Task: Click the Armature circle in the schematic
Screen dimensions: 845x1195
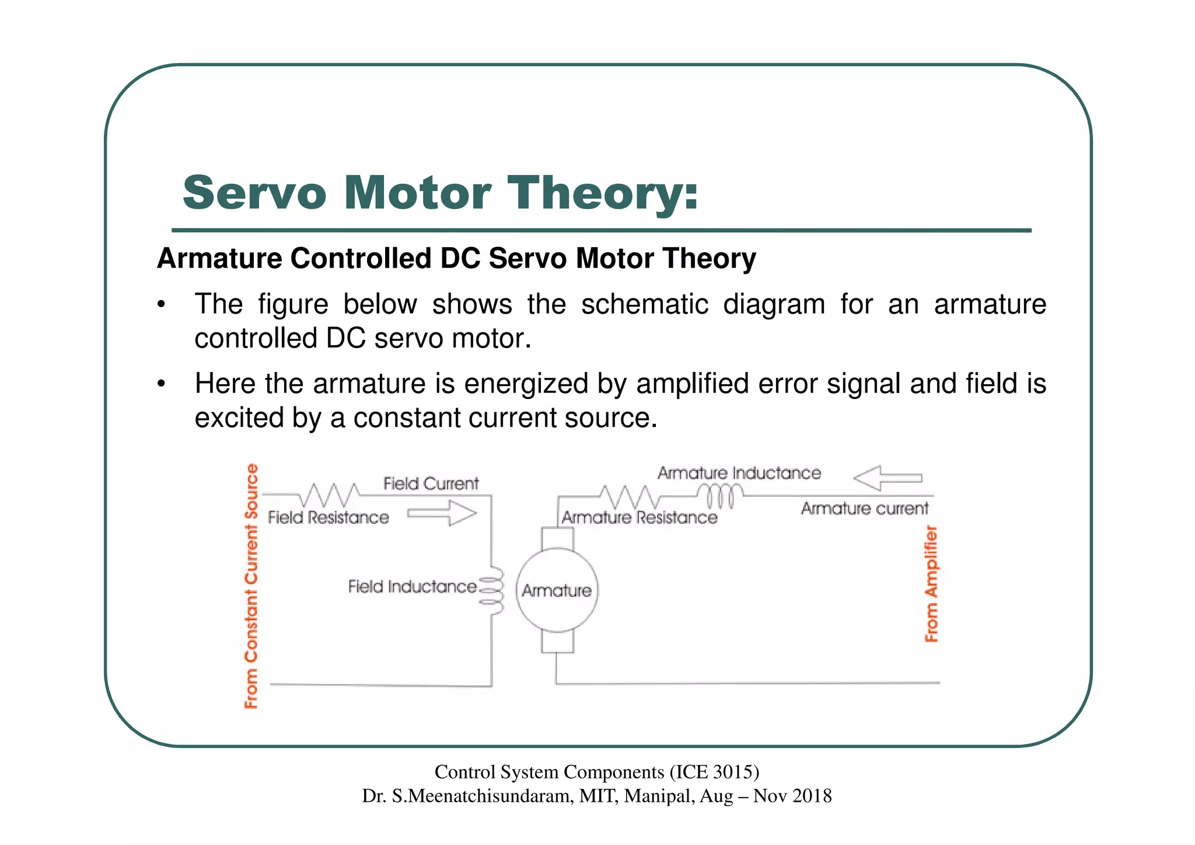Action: pyautogui.click(x=557, y=590)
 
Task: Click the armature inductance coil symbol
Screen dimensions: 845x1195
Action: pyautogui.click(x=721, y=496)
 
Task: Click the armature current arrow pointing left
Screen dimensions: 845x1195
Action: pyautogui.click(x=887, y=478)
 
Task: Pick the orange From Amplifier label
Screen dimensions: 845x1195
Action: pyautogui.click(x=931, y=583)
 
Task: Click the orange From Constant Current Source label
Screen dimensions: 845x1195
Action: pyautogui.click(x=251, y=586)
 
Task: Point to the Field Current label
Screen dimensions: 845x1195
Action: pyautogui.click(x=431, y=484)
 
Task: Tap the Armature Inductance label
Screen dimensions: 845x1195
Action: pyautogui.click(x=739, y=473)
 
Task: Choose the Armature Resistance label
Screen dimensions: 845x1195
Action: pyautogui.click(x=639, y=517)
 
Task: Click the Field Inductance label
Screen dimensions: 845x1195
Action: pyautogui.click(x=412, y=586)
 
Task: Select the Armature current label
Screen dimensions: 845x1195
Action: pyautogui.click(x=864, y=509)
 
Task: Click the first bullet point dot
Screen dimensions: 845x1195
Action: pyautogui.click(x=162, y=305)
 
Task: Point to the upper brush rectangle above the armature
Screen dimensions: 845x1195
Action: pyautogui.click(x=557, y=538)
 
